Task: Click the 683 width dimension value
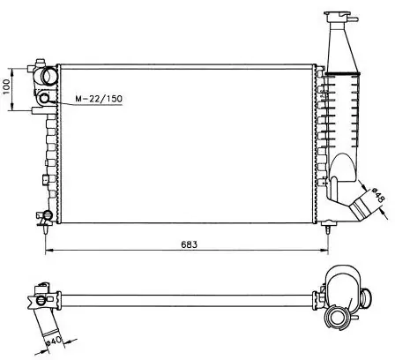click(x=189, y=244)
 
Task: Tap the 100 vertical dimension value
click(x=6, y=86)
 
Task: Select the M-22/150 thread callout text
click(x=99, y=99)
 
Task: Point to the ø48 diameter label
click(x=378, y=195)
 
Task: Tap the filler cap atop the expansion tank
click(x=337, y=15)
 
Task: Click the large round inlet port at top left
click(x=48, y=75)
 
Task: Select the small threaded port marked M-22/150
click(x=45, y=98)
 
